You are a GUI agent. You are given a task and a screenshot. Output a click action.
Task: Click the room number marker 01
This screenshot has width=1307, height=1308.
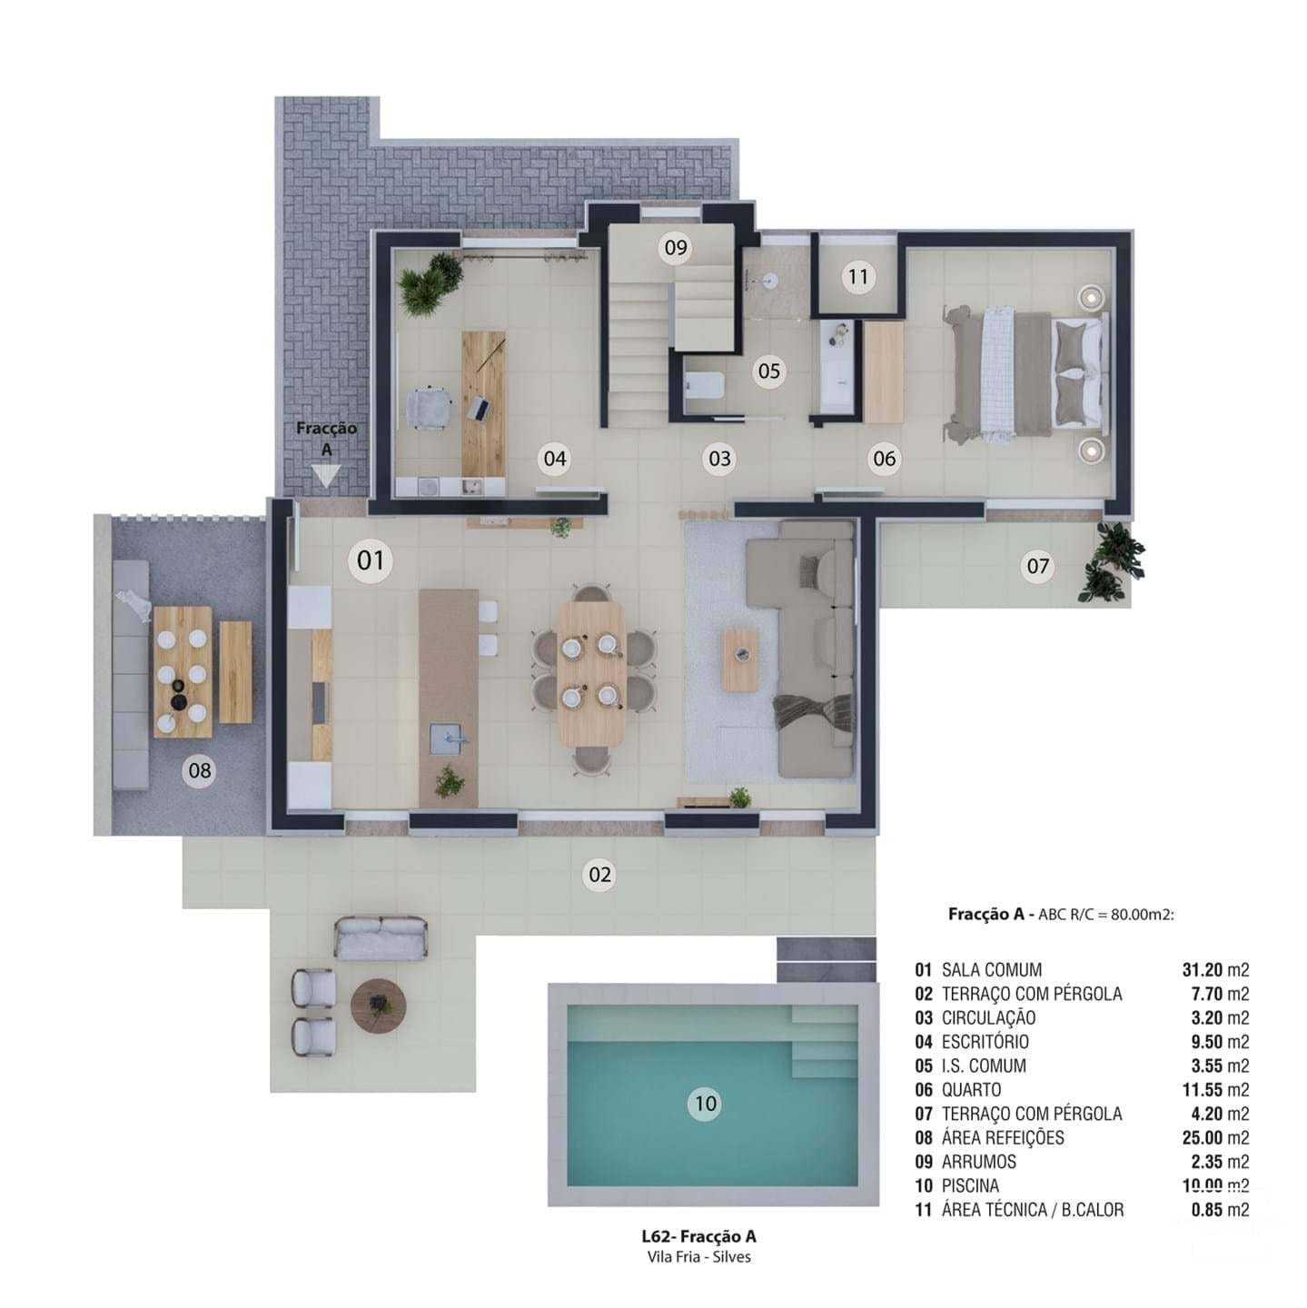point(371,560)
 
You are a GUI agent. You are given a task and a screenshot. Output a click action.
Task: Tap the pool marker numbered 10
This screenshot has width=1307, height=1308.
point(706,1104)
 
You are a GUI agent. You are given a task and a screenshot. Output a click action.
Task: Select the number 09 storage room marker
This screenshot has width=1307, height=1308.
point(675,247)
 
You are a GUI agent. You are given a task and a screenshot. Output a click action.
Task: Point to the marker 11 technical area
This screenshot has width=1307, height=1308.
point(858,276)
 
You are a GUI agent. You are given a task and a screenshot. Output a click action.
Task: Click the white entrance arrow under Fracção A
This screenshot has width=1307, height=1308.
point(325,475)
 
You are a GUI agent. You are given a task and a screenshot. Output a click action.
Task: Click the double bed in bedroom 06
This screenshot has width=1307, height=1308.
point(1026,373)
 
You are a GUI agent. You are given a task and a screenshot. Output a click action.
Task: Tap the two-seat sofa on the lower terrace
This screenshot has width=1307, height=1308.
point(381,938)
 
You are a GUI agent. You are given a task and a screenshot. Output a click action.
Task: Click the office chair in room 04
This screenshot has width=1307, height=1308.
point(427,406)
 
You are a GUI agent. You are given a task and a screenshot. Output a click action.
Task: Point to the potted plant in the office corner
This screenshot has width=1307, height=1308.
point(431,283)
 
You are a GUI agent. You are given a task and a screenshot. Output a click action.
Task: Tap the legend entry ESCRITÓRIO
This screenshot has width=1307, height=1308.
point(985,1042)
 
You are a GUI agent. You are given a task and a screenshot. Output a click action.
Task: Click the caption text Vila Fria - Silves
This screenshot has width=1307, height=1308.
point(697,1257)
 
